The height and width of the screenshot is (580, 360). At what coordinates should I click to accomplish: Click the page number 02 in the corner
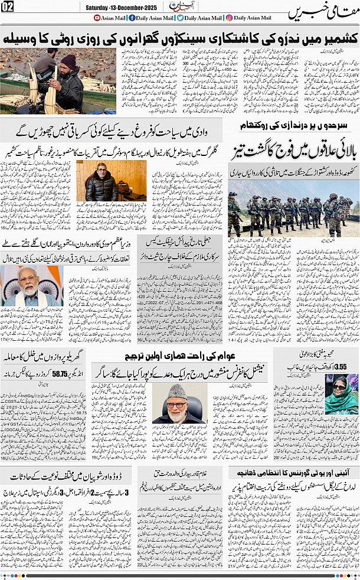pos(8,6)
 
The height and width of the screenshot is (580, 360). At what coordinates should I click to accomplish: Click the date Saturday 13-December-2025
pos(121,6)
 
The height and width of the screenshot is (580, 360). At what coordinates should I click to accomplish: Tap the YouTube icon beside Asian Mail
pos(97,18)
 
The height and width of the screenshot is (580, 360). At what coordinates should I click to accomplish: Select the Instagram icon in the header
pos(229,18)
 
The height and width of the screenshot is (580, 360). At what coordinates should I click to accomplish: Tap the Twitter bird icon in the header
pos(180,18)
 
